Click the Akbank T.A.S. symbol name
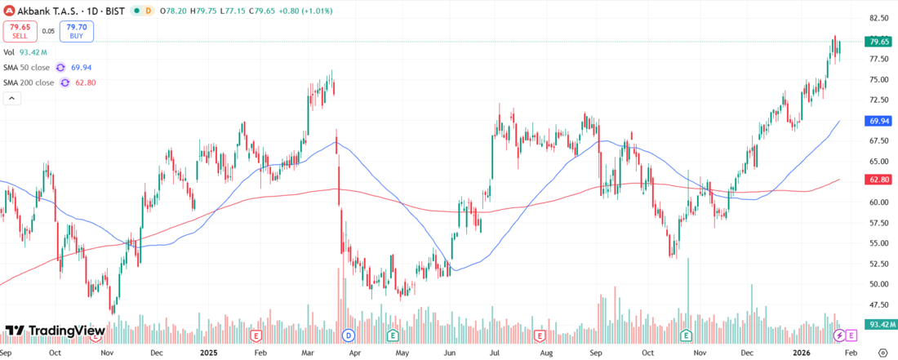point(48,10)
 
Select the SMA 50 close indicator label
point(29,67)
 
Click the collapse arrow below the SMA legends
point(12,98)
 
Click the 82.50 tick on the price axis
point(878,18)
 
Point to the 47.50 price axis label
point(878,304)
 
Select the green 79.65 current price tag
point(878,42)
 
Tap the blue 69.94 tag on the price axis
point(878,121)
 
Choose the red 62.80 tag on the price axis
point(878,179)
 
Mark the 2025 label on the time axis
point(209,352)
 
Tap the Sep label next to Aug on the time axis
point(596,352)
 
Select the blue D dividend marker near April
point(348,336)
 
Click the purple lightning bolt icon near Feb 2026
point(838,336)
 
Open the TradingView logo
point(55,331)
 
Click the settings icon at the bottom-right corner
point(882,352)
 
